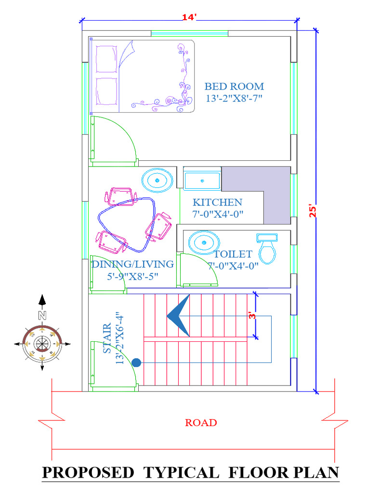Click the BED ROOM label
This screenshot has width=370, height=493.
[x=234, y=87]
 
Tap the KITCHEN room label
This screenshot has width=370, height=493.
[x=217, y=202]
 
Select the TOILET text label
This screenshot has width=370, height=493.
[x=233, y=254]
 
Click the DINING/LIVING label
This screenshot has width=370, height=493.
[x=132, y=264]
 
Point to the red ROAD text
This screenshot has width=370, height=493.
[x=201, y=423]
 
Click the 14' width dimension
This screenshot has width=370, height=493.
[x=189, y=17]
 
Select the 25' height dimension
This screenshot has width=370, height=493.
[x=314, y=212]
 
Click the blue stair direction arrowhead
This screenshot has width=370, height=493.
[x=179, y=316]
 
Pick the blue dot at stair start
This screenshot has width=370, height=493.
[x=136, y=362]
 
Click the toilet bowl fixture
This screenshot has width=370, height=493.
[x=267, y=251]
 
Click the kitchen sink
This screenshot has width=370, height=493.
[x=202, y=181]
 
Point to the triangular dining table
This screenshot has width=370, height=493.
[x=128, y=224]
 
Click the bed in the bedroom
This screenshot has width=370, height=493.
[x=143, y=76]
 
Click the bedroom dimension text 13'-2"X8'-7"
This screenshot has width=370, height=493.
[x=234, y=98]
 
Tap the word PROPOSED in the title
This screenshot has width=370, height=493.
[x=88, y=472]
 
